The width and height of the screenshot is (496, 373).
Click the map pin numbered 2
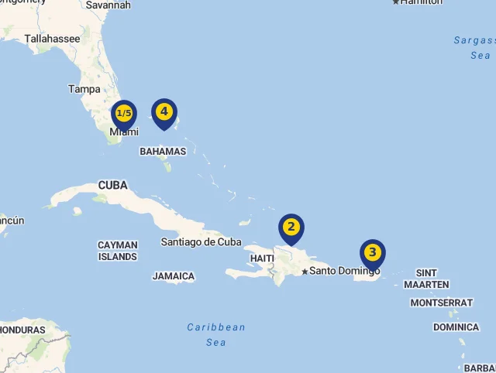coord(291,228)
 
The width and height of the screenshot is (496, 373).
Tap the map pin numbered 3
coord(373,253)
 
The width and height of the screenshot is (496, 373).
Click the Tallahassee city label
coord(52,39)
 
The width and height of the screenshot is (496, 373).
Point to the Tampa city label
coord(84,89)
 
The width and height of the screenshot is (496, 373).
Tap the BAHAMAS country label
coord(163,152)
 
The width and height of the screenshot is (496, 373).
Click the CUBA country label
coord(113,186)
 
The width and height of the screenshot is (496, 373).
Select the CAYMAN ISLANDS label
coord(118,251)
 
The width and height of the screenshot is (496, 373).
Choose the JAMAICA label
coord(174,276)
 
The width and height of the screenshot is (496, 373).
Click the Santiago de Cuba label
coord(201,242)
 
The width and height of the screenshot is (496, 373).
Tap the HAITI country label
coord(262,258)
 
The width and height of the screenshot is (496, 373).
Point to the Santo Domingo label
coord(345,271)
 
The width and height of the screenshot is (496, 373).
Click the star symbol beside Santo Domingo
coord(305,271)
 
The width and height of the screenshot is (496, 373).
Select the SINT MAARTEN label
coord(426,279)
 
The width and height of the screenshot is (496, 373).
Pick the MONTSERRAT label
coord(441,303)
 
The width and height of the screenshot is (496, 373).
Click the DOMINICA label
coord(456,327)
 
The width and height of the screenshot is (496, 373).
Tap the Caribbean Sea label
coord(216,334)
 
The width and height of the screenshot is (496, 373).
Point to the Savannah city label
coord(108,5)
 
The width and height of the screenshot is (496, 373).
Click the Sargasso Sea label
coord(474,48)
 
